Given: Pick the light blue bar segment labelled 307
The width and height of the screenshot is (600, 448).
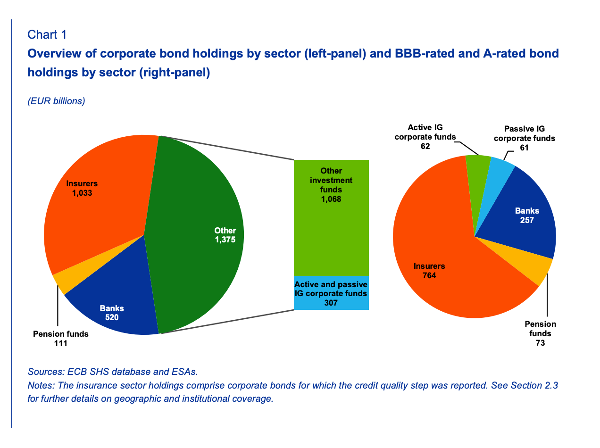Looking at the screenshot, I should click(331, 293).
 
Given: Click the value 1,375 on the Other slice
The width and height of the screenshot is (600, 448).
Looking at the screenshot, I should click(225, 239).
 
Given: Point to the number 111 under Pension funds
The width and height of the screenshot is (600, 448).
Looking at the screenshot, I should click(60, 343).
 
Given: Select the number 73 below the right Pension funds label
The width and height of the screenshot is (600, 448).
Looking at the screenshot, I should click(540, 343).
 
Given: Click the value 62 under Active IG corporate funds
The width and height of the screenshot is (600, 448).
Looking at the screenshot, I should click(425, 146).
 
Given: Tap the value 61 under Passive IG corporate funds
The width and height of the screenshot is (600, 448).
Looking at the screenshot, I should click(524, 148).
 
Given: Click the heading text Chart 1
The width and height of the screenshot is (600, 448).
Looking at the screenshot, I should click(47, 34).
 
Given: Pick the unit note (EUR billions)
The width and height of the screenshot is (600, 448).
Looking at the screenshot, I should click(56, 101).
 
